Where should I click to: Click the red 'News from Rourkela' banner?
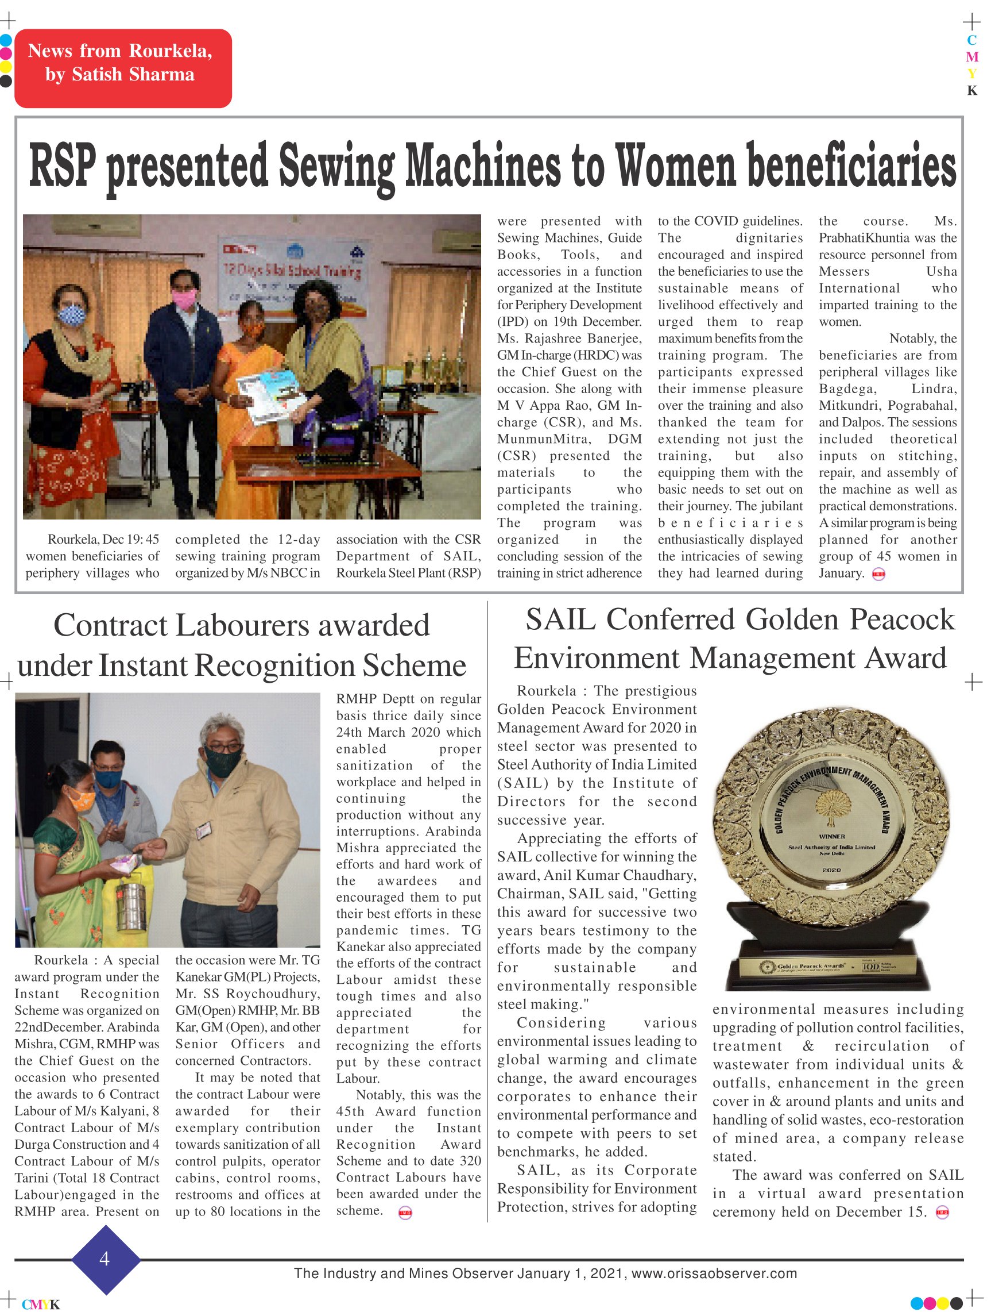pos(123,68)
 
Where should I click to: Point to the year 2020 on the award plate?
pos(831,869)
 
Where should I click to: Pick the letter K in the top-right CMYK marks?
pos(971,91)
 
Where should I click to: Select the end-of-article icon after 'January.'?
pos(879,574)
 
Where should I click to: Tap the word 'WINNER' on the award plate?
pos(831,836)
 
